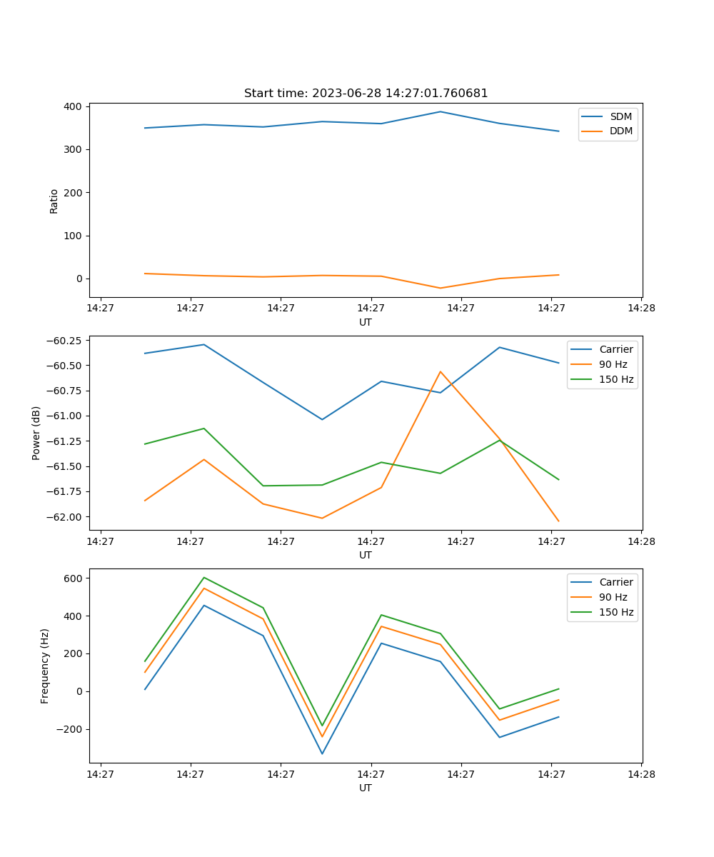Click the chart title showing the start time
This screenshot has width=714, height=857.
366,93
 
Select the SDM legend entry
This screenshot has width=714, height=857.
606,116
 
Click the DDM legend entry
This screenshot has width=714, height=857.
606,131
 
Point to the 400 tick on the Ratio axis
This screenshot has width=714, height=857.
73,106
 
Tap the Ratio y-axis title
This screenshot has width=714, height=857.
54,201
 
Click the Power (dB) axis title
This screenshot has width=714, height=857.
36,433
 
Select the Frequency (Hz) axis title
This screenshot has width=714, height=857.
44,666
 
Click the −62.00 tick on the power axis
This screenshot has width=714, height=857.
64,517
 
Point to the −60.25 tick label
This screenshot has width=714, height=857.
64,341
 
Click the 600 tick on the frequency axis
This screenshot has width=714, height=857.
73,578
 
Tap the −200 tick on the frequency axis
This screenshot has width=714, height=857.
69,729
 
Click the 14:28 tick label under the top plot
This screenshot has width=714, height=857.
641,308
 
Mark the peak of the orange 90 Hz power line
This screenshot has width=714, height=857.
441,371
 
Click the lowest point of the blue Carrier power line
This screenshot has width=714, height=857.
322,419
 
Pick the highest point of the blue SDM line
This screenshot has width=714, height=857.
441,111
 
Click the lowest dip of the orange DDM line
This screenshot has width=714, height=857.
441,288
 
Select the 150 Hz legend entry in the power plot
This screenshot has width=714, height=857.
602,379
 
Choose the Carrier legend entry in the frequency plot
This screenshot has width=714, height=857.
602,582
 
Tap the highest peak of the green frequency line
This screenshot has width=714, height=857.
204,578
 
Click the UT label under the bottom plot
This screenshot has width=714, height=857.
365,788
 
